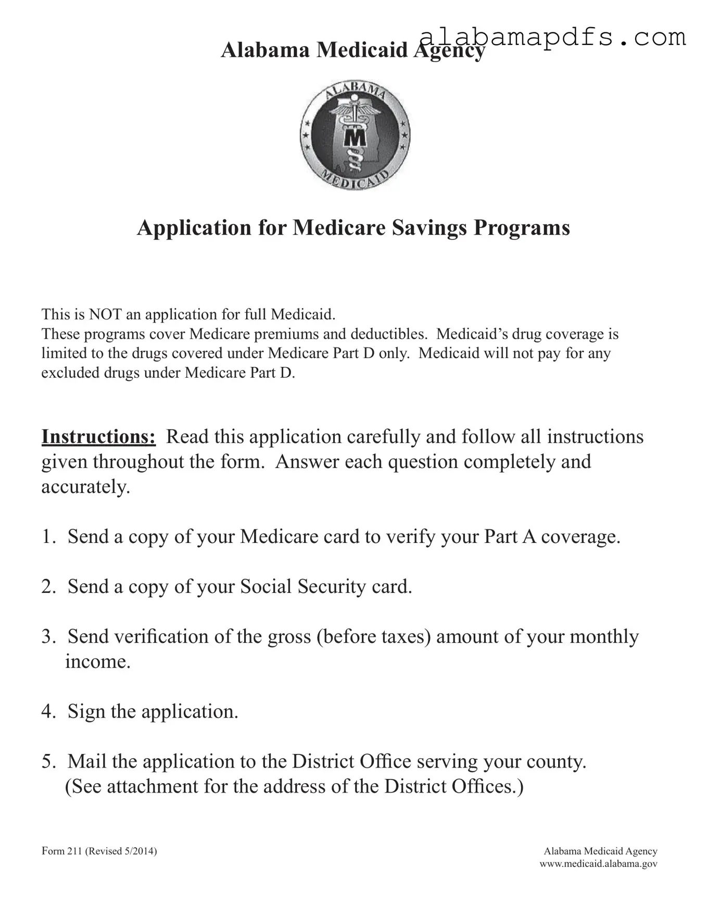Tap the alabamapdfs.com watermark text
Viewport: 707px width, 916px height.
552,38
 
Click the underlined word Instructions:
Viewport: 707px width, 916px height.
98,437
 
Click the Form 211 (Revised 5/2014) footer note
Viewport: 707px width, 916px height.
99,851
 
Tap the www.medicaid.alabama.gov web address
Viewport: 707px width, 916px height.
598,863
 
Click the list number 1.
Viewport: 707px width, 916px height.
48,537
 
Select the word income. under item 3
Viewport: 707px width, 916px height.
98,662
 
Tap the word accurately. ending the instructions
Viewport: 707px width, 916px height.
86,487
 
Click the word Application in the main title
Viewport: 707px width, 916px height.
194,228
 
